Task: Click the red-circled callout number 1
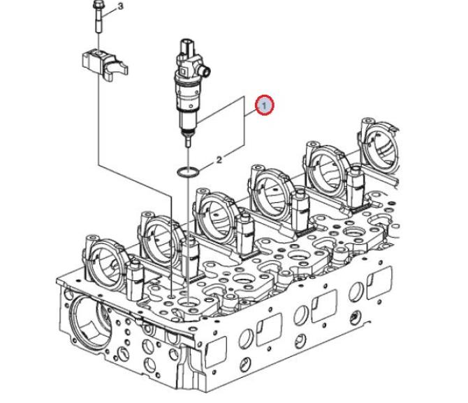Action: [264, 105]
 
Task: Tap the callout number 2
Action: [219, 160]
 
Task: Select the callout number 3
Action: [120, 6]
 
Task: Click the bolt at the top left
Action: [98, 17]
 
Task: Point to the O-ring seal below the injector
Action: [188, 172]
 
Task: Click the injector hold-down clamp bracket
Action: [105, 63]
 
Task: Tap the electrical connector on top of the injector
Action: [187, 45]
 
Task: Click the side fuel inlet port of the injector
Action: [205, 70]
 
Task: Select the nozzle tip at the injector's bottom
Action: [188, 141]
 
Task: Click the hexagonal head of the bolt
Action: [98, 5]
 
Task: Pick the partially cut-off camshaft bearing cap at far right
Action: [380, 144]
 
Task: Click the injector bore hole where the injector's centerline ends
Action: [188, 304]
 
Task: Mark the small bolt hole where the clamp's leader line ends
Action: [172, 296]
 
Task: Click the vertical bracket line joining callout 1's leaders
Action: [245, 121]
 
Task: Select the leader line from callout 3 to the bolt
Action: [109, 13]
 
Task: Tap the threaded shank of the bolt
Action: [98, 22]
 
